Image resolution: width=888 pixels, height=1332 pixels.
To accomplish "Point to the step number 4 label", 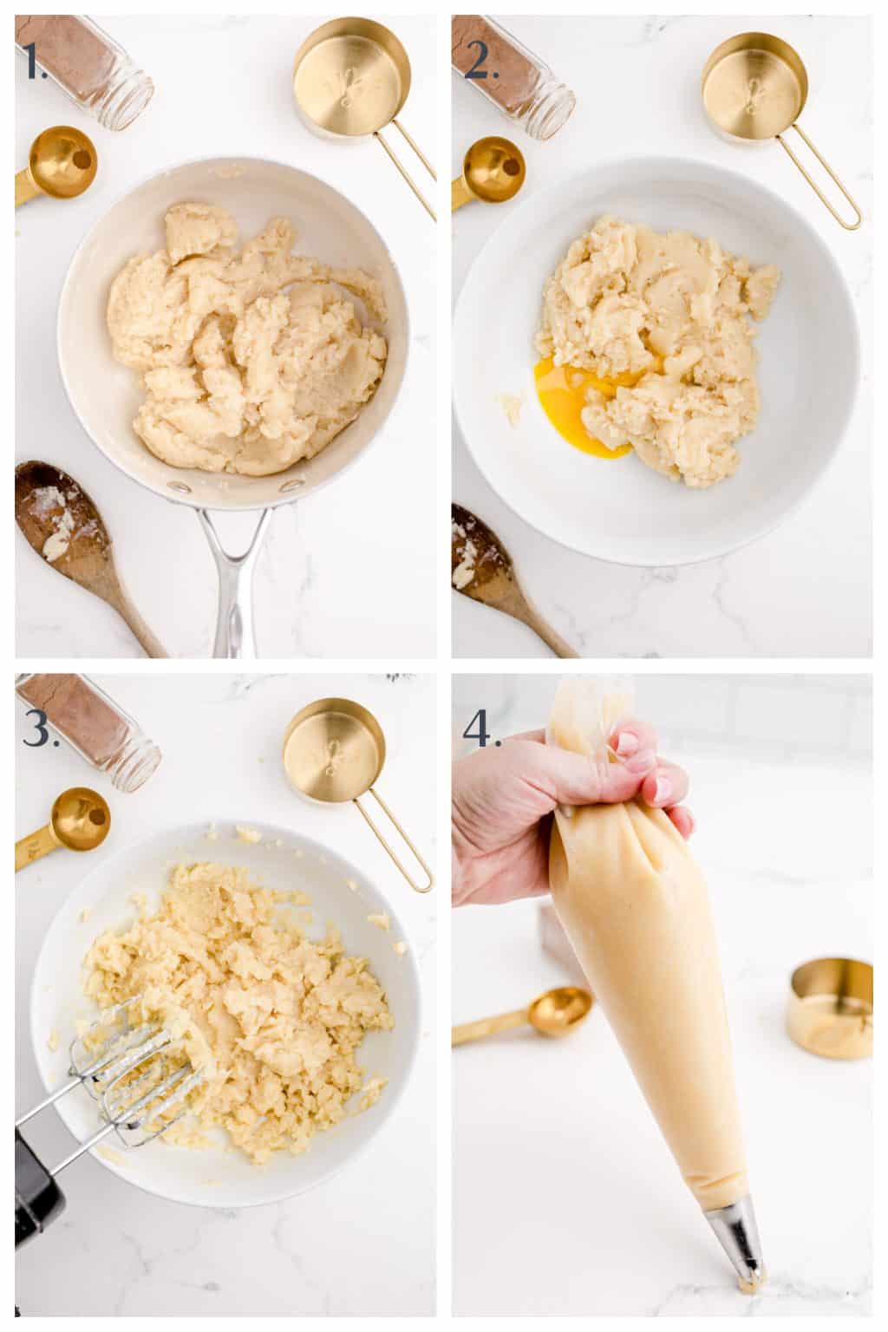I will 482,728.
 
